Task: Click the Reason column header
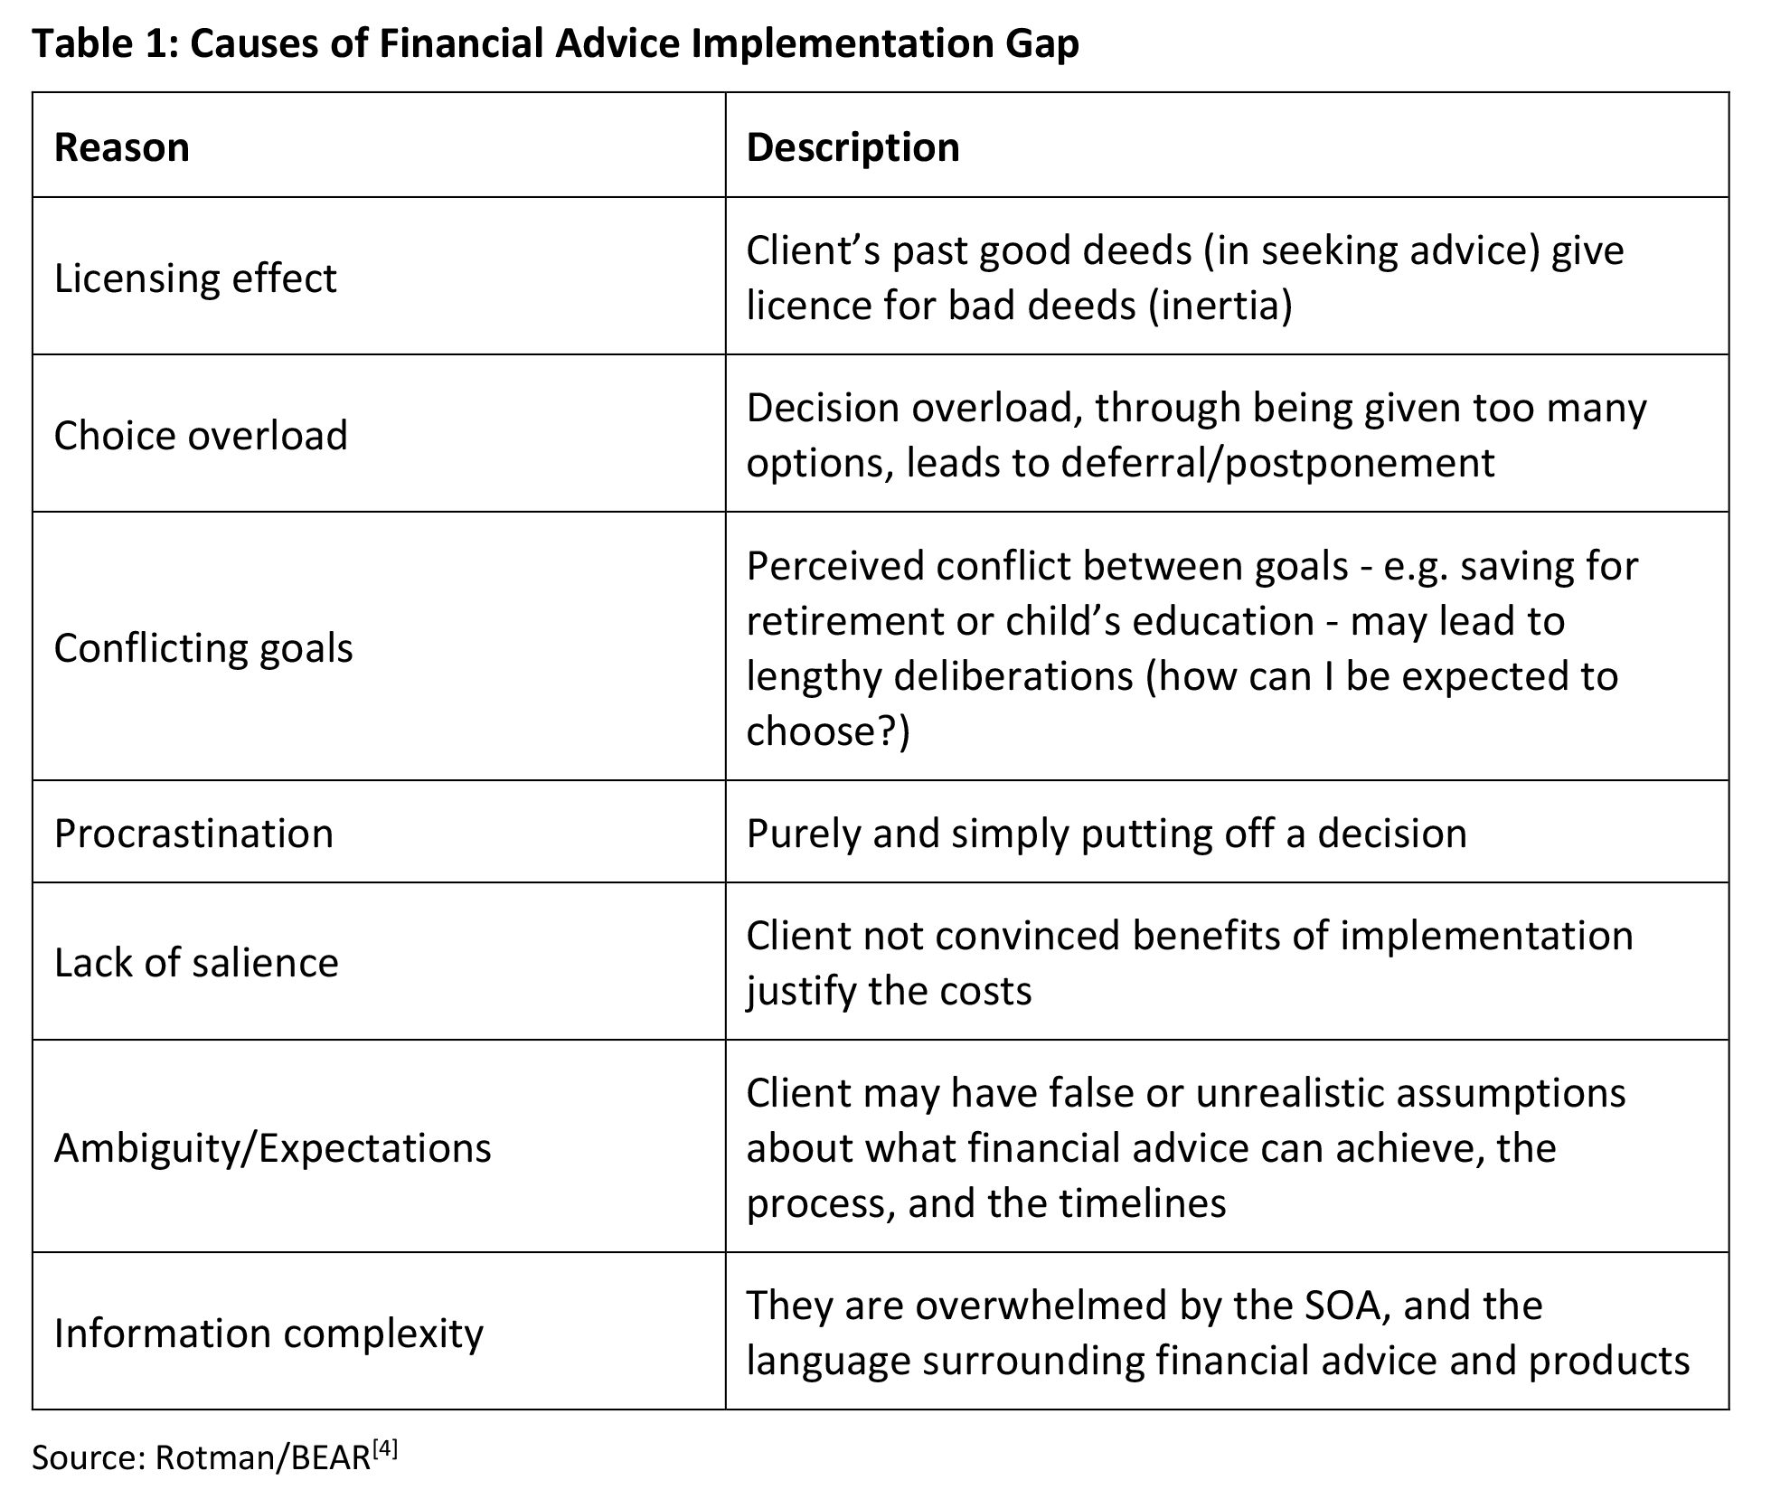[122, 147]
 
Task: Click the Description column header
[853, 147]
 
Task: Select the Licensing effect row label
[195, 278]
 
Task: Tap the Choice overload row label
[201, 435]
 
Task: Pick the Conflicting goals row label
[203, 647]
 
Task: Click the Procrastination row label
[193, 833]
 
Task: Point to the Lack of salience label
[196, 962]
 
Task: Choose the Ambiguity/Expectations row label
[272, 1147]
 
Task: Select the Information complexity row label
[268, 1333]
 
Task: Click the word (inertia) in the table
[1220, 306]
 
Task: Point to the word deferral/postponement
[1278, 463]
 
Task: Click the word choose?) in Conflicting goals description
[828, 731]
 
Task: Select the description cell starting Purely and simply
[1106, 833]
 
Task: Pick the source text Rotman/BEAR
[263, 1457]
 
